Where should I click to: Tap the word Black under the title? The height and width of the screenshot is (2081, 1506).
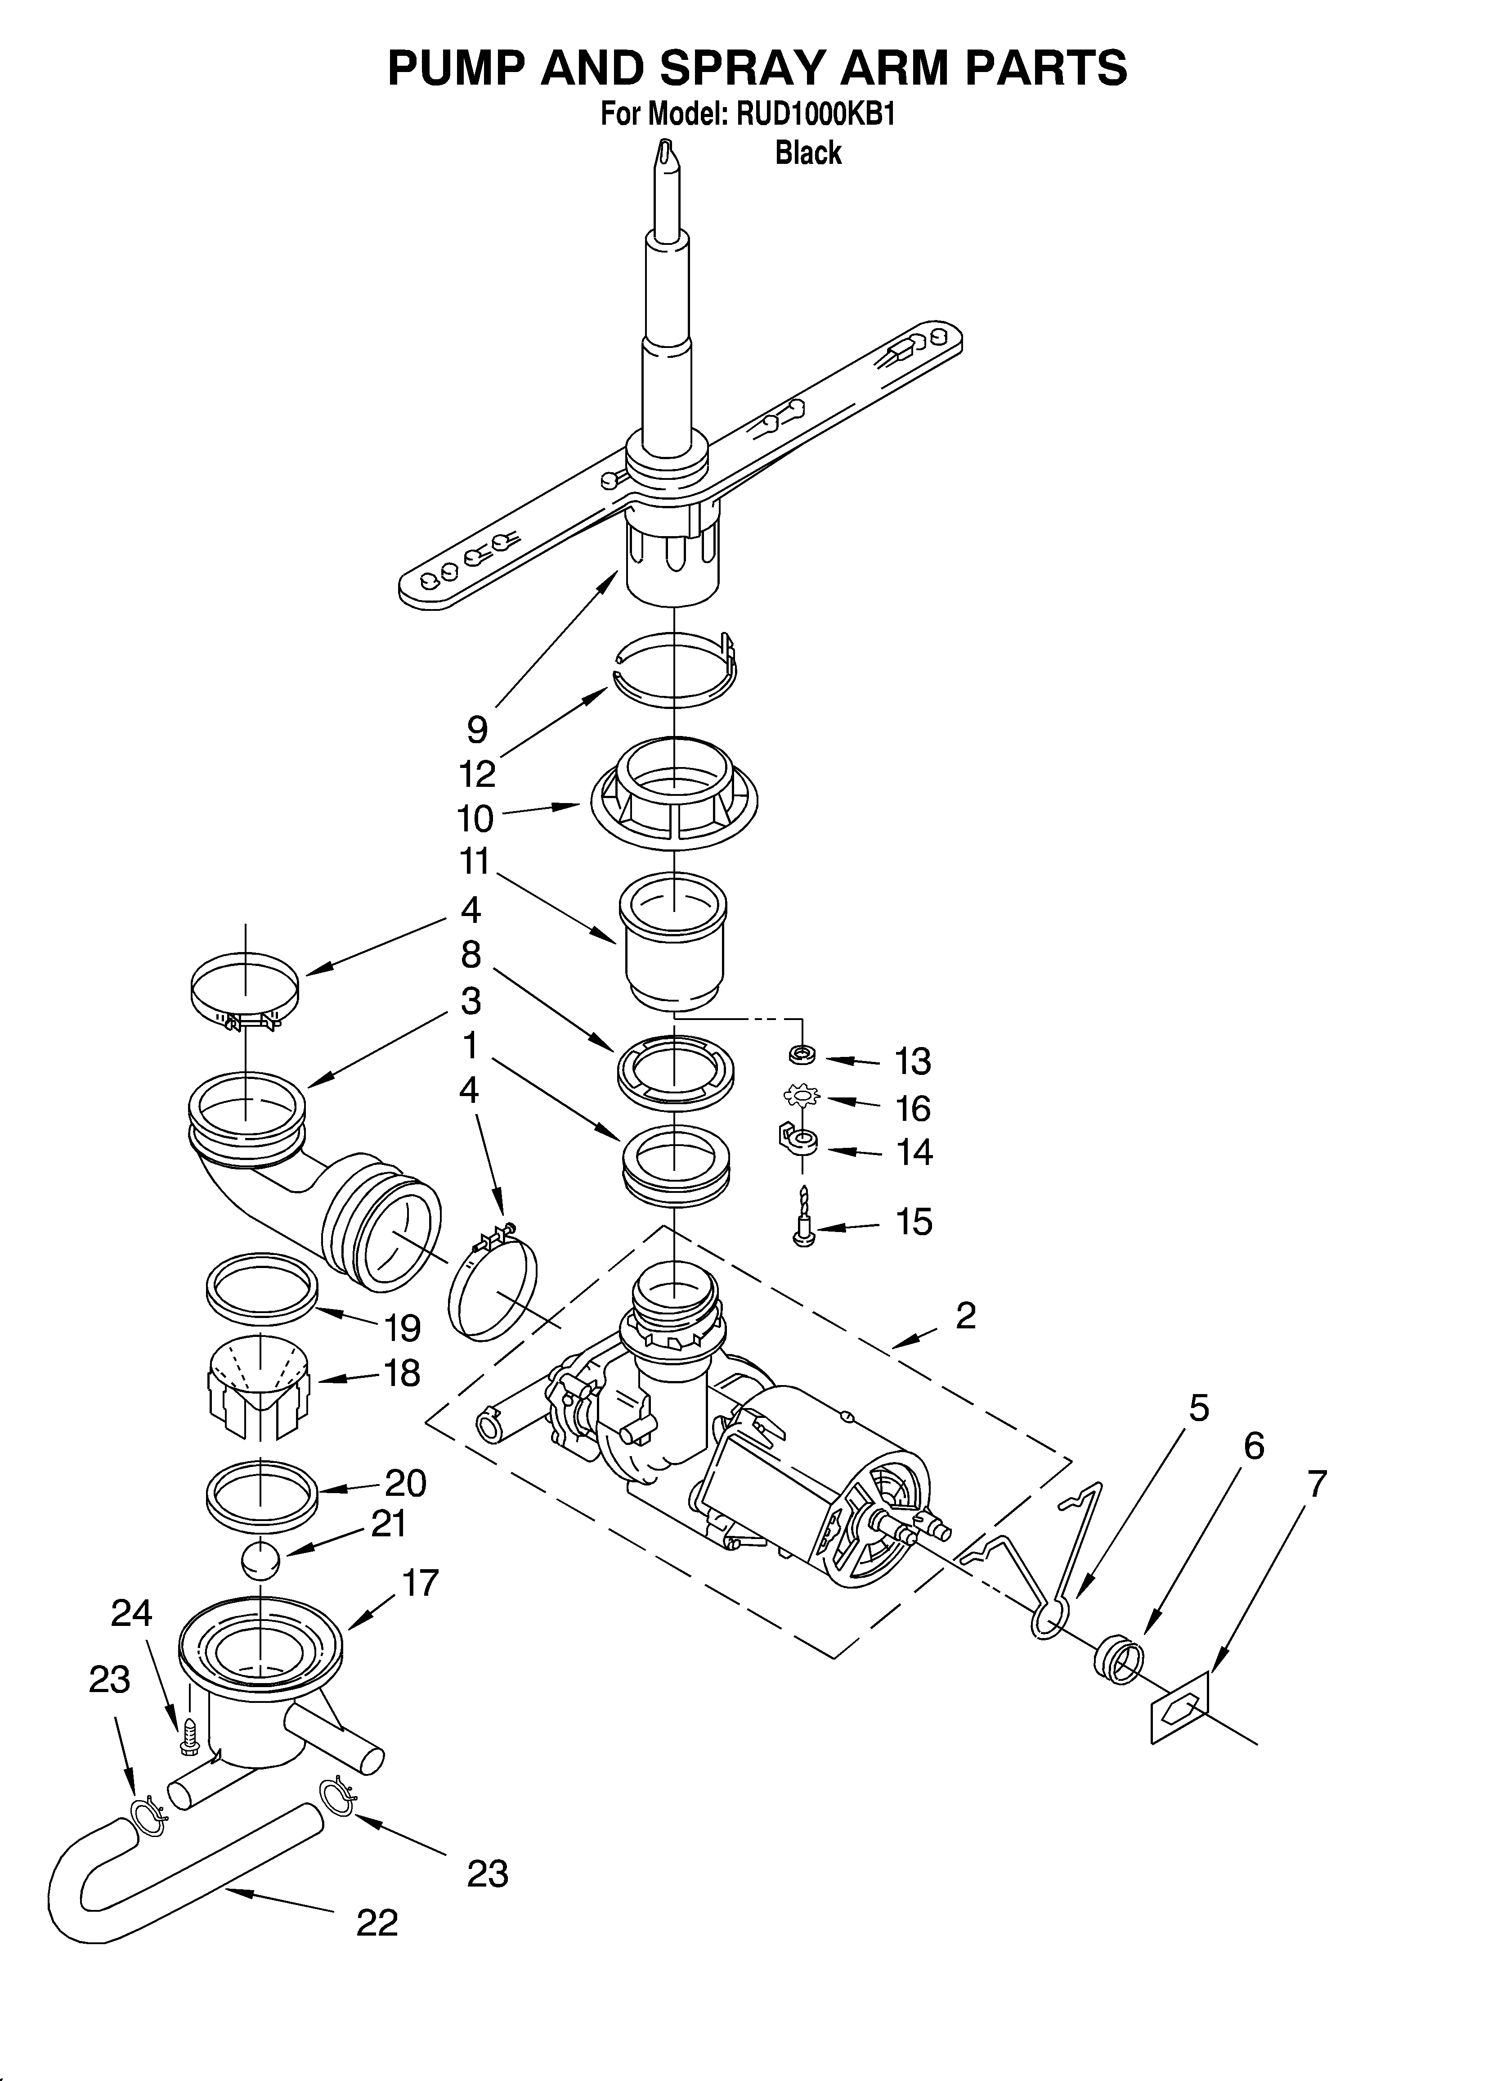[808, 152]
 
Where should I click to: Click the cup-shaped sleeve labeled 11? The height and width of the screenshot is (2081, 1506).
[674, 945]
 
